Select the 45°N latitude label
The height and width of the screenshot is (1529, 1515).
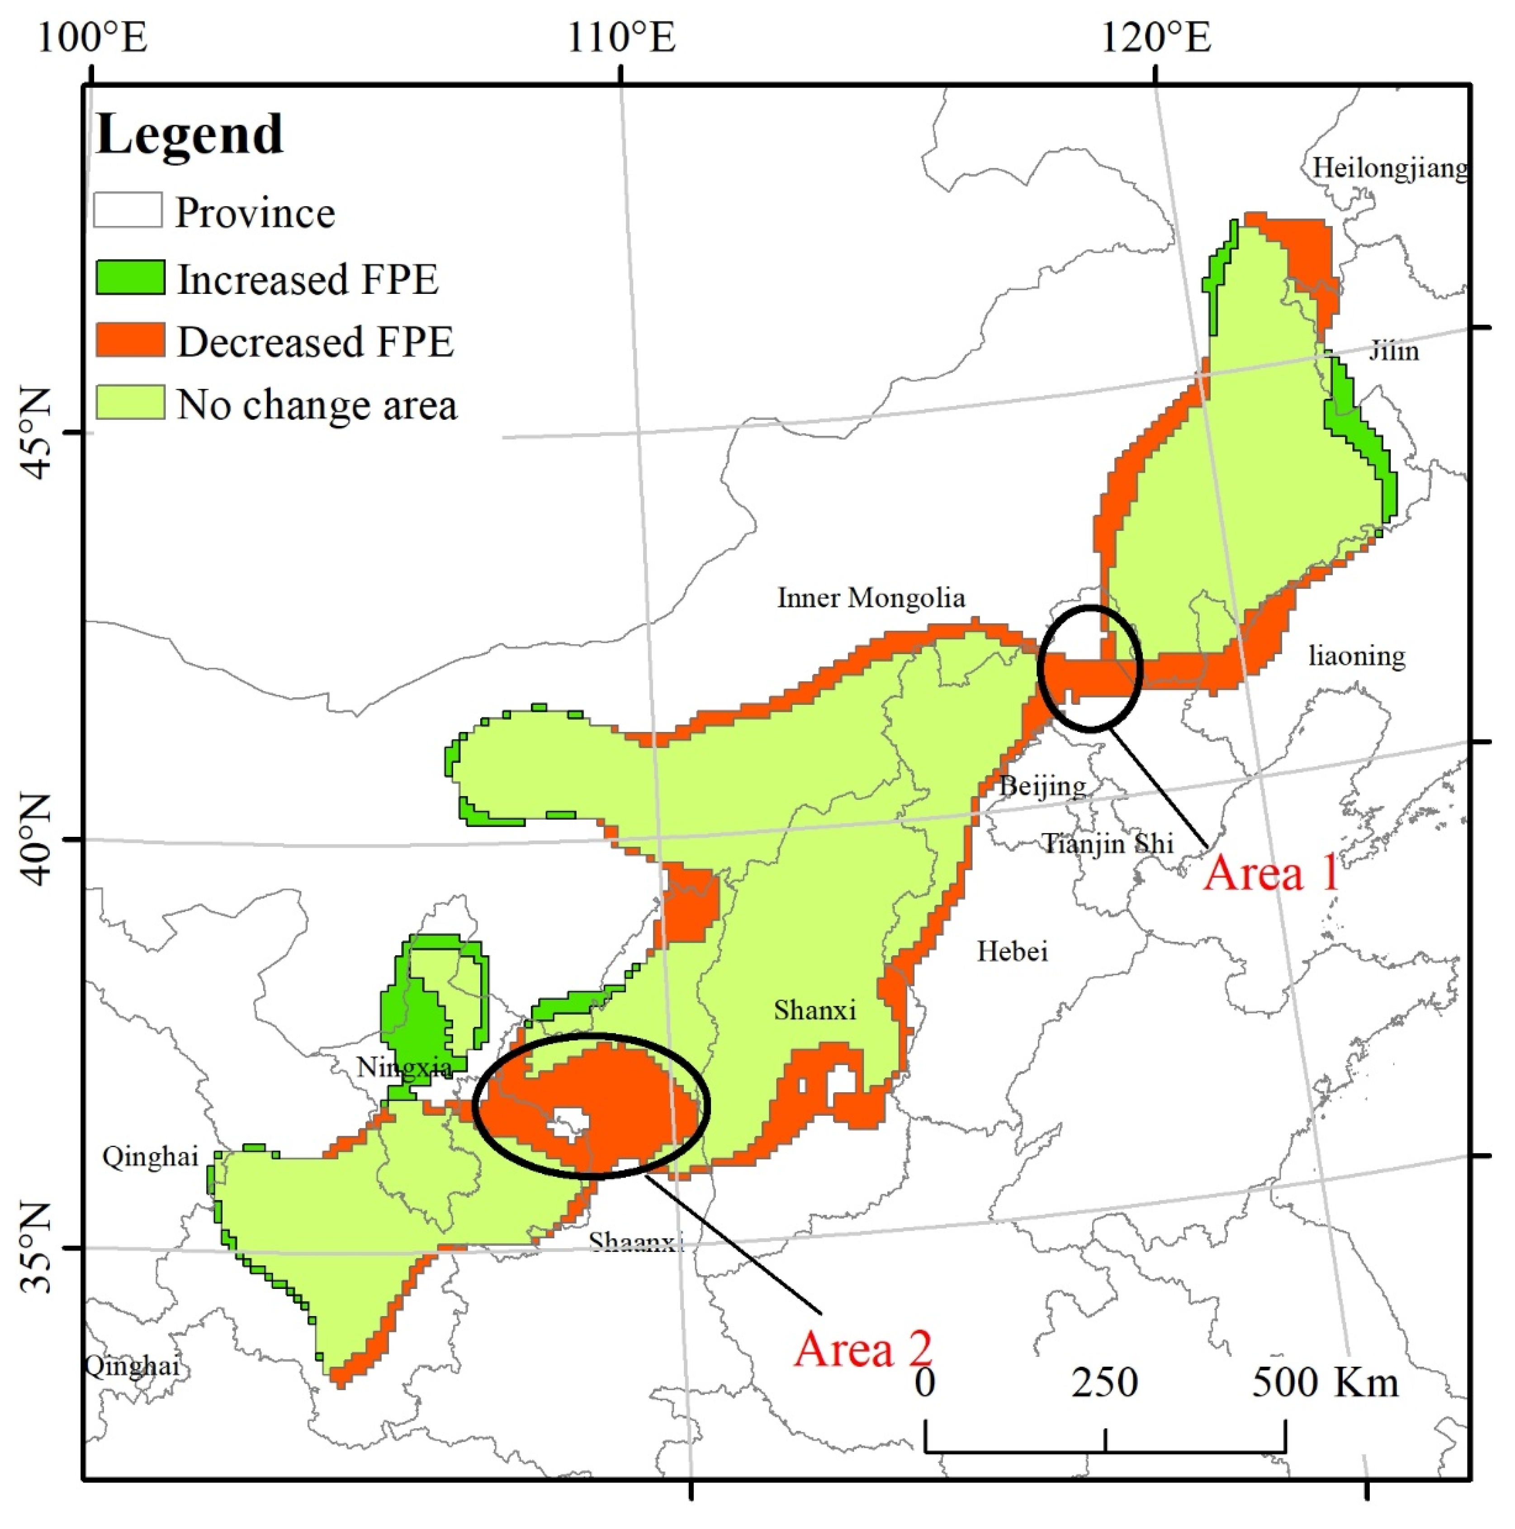click(x=36, y=434)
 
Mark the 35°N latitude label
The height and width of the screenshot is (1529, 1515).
click(x=36, y=1248)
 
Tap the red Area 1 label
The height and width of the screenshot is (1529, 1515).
click(x=1270, y=874)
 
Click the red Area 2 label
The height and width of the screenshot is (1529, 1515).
click(x=863, y=1349)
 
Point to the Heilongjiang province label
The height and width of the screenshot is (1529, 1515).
click(x=1390, y=168)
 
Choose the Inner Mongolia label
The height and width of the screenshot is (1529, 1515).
click(x=871, y=598)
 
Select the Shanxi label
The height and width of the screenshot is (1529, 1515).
click(x=814, y=1010)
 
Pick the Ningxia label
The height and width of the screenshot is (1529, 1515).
click(x=404, y=1067)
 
